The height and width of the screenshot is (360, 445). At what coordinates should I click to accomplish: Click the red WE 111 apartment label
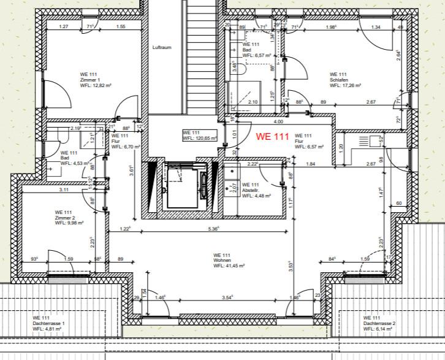pyautogui.click(x=272, y=136)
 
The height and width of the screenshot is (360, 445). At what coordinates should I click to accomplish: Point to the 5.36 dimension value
pyautogui.click(x=213, y=229)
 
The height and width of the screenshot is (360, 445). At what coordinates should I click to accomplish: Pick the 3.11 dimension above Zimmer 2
pyautogui.click(x=64, y=190)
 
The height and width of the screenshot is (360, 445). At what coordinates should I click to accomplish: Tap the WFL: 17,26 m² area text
pyautogui.click(x=345, y=86)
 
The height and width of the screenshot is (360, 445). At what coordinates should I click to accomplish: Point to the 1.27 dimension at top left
pyautogui.click(x=63, y=27)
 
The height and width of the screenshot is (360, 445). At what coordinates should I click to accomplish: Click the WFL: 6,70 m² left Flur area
pyautogui.click(x=127, y=147)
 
